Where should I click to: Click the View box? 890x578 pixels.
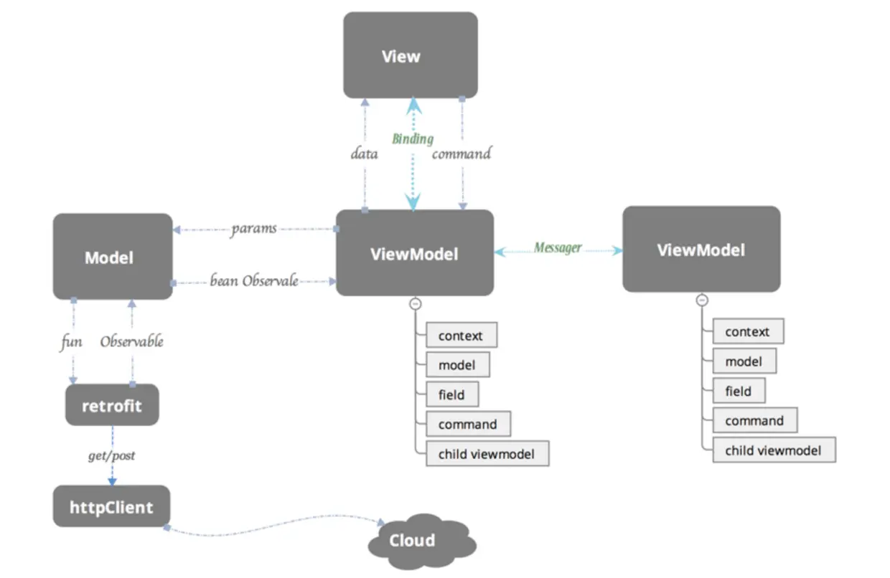[410, 55]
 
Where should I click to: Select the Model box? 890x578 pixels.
[112, 257]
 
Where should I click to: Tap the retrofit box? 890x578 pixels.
[112, 406]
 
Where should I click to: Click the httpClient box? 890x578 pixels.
[112, 507]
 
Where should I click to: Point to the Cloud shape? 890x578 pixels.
[413, 540]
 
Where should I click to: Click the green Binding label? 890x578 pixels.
[412, 138]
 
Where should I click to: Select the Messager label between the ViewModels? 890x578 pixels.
[558, 248]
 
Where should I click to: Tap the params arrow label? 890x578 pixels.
[253, 229]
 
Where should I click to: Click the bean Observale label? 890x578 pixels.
[253, 281]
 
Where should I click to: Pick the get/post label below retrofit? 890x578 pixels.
[111, 455]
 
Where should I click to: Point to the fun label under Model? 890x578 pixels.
[71, 342]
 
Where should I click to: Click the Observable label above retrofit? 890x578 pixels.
[131, 342]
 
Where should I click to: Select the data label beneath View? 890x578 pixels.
[364, 153]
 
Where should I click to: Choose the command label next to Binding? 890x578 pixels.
[462, 153]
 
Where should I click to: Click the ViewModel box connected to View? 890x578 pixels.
[414, 253]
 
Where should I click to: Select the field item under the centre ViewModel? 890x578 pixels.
[451, 394]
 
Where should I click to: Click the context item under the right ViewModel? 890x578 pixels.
[747, 331]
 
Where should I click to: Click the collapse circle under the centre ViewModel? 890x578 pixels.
[415, 304]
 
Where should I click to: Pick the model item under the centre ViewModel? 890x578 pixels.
[457, 364]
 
